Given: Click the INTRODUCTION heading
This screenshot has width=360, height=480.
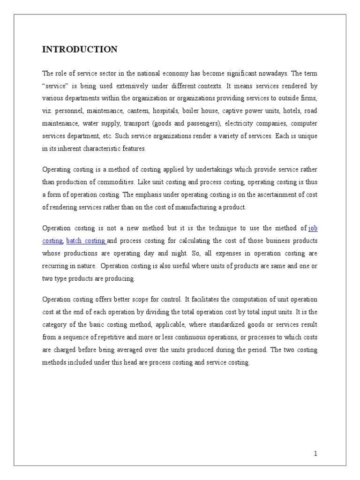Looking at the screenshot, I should coord(80,49).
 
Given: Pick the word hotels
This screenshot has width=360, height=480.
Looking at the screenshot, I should coord(290,111).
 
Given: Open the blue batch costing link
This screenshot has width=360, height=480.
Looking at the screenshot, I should coord(86,240).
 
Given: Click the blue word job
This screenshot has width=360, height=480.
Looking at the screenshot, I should coord(313,228).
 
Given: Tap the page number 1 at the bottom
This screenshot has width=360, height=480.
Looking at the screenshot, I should coord(315,453).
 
